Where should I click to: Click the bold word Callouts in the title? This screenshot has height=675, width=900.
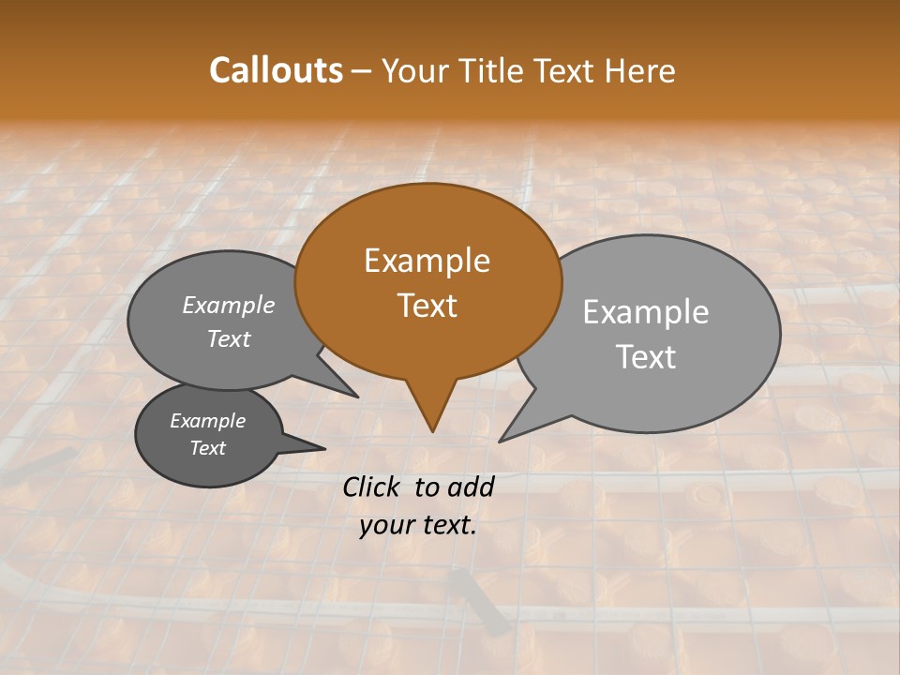276,70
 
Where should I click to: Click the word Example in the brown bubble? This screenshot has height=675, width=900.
427,261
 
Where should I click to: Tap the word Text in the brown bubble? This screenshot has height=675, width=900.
427,306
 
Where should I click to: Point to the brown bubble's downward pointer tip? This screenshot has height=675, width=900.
432,430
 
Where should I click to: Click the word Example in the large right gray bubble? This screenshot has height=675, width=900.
645,312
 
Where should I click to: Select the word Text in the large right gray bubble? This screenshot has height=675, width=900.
645,357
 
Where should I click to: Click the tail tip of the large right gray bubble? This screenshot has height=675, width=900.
501,441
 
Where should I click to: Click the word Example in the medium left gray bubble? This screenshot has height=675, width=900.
228,305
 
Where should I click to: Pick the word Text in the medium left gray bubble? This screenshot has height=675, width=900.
228,339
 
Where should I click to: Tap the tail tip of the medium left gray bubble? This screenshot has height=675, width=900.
356,397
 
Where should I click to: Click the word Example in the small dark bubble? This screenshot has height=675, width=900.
207,421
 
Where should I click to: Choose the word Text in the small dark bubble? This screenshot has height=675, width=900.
207,448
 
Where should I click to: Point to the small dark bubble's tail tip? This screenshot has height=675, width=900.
324,448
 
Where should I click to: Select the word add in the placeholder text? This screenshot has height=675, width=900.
470,487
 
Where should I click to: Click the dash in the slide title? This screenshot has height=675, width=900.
363,70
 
